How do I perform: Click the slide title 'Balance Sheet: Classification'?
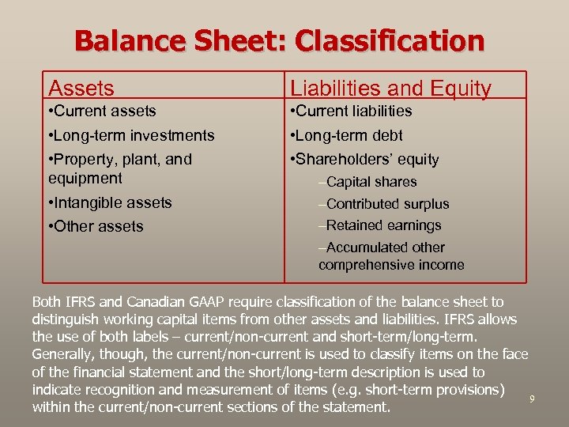(279, 41)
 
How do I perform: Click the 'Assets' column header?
(81, 89)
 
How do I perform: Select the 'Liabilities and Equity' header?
(390, 89)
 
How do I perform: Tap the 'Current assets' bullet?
(103, 111)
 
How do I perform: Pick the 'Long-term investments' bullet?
(131, 135)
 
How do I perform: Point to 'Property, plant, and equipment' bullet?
(120, 168)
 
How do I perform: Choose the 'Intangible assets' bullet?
(110, 202)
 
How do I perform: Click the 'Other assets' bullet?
(96, 226)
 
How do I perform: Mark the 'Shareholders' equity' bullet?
(365, 159)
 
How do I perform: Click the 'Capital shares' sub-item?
(367, 182)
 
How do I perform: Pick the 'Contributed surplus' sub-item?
(384, 204)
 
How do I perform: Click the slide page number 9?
(532, 399)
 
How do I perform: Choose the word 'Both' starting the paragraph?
(46, 301)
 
